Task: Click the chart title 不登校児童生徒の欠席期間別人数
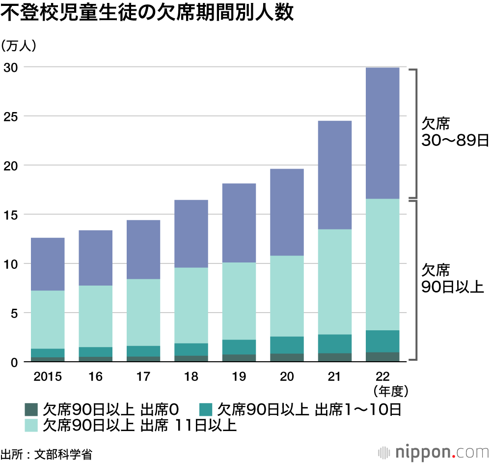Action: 147,14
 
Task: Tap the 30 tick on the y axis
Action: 10,67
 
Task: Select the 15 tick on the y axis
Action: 10,215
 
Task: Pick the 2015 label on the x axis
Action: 48,377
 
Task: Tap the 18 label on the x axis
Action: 191,377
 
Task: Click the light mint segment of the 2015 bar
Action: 48,319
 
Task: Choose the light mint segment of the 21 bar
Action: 334,282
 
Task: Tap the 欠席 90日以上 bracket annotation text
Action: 452,278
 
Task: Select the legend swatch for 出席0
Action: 31,409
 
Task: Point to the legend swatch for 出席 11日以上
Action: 31,425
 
